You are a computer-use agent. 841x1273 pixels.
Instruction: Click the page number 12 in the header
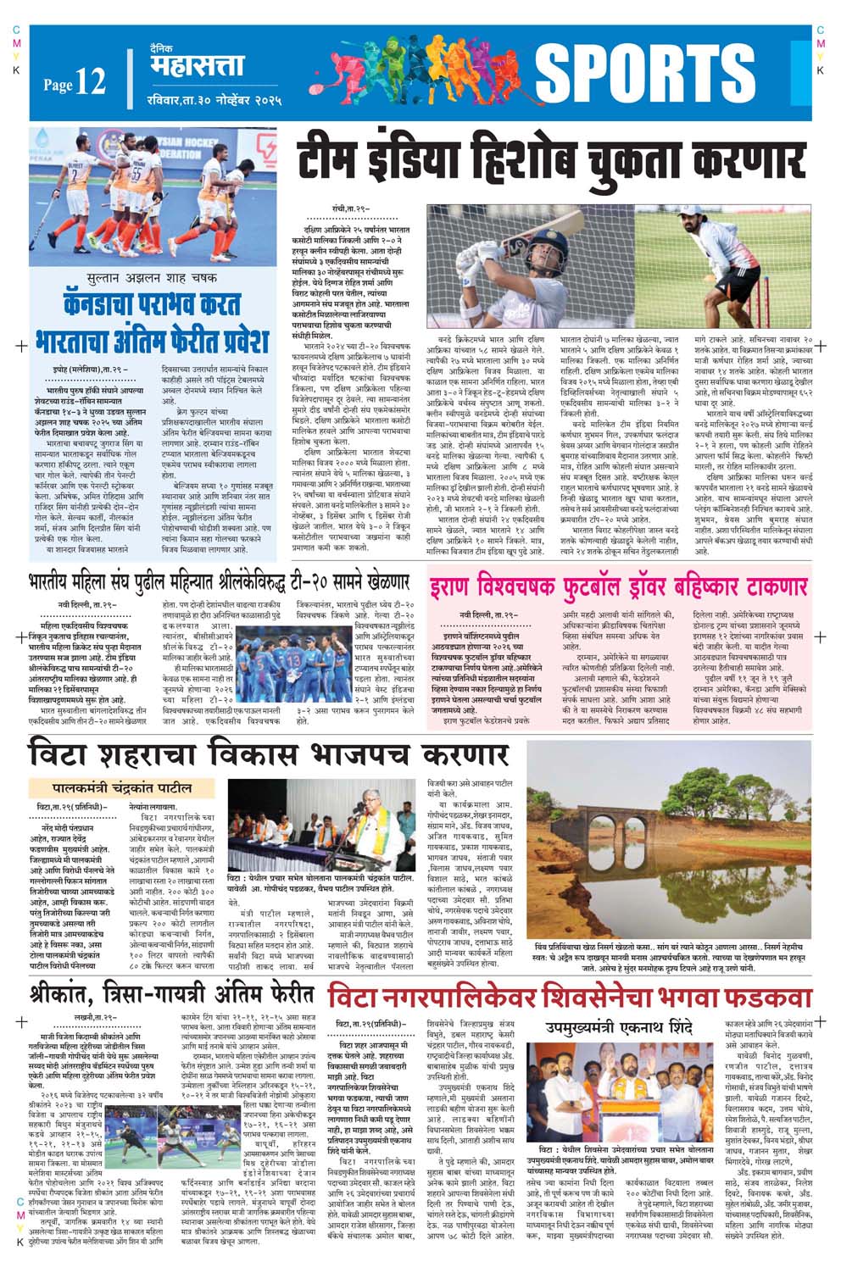point(90,82)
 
